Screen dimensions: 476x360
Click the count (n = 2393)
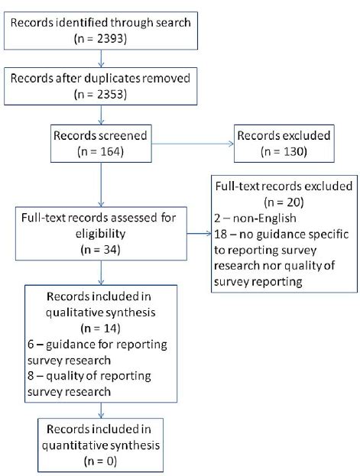[x=99, y=36]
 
